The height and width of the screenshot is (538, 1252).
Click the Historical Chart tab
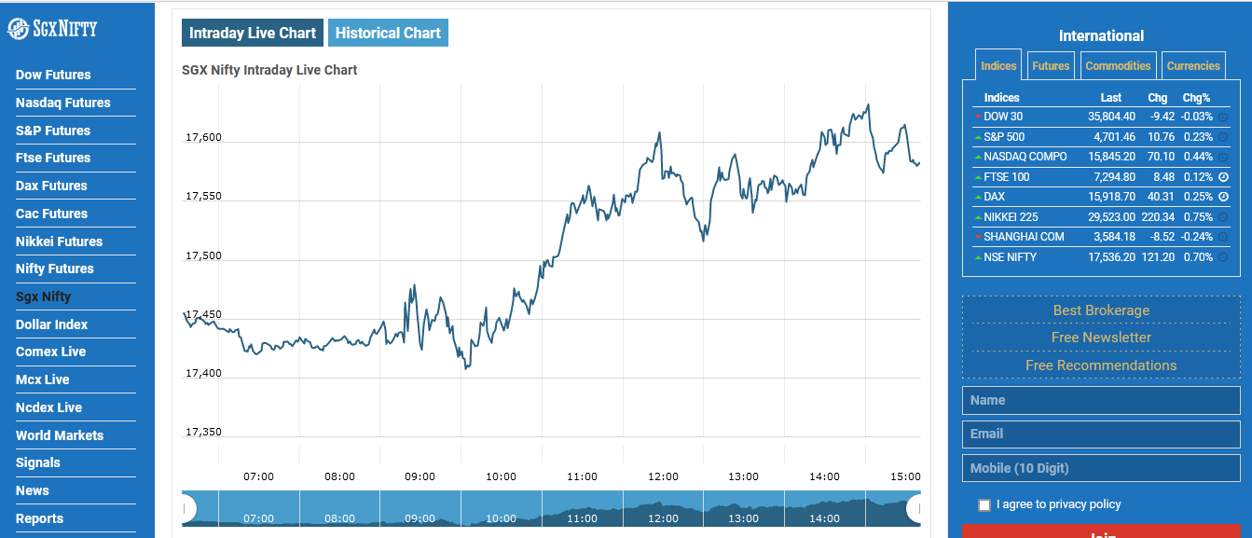point(388,33)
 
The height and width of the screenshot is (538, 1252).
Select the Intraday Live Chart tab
point(253,33)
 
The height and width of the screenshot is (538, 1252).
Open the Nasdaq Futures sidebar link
point(62,103)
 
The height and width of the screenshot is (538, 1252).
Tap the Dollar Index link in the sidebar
point(51,324)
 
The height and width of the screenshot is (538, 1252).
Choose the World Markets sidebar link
point(60,435)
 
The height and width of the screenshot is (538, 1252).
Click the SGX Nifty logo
point(52,28)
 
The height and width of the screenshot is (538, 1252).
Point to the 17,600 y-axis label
point(204,138)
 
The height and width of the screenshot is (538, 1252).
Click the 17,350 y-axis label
point(204,433)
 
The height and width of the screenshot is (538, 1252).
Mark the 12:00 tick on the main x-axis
point(663,476)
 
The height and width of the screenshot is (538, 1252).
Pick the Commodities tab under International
point(1118,66)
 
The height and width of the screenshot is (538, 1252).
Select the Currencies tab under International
point(1193,66)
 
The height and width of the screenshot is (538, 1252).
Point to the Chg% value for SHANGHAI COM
point(1197,237)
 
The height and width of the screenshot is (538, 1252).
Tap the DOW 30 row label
point(1003,117)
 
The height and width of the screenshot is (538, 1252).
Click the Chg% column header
point(1196,98)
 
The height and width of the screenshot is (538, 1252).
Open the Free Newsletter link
point(1101,338)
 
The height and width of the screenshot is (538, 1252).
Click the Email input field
point(1101,434)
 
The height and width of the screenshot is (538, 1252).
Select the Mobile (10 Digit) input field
point(1101,468)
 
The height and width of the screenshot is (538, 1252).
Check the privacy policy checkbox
point(984,505)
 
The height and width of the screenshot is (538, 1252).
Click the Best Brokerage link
point(1101,310)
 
